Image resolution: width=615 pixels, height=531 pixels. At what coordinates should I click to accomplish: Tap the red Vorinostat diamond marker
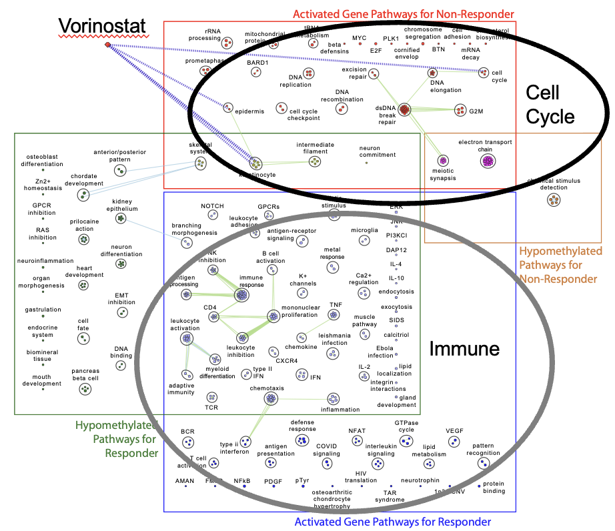pos(107,45)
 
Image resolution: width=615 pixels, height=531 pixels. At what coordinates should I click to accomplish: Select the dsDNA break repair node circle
pos(404,109)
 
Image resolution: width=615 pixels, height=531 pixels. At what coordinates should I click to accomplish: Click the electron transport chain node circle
pos(489,160)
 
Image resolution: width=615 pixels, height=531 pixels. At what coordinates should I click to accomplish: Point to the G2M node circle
pos(460,109)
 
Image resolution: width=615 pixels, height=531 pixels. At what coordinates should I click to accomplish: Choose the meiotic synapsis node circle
pos(443,160)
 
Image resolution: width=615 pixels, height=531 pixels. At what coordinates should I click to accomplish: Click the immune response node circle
pos(241,295)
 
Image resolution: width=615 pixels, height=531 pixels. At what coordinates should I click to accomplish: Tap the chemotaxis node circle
pos(271,399)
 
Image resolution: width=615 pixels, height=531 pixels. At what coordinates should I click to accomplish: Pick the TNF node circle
pos(335,315)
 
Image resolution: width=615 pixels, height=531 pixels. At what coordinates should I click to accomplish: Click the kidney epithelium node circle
pos(120,218)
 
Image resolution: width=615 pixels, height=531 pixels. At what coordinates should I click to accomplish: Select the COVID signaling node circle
pos(327,463)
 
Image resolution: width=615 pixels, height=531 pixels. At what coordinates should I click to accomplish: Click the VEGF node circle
pos(454,441)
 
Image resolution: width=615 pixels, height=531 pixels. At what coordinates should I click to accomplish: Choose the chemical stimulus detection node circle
pos(554,199)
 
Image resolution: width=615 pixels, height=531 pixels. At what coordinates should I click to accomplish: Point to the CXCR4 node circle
pos(273,351)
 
